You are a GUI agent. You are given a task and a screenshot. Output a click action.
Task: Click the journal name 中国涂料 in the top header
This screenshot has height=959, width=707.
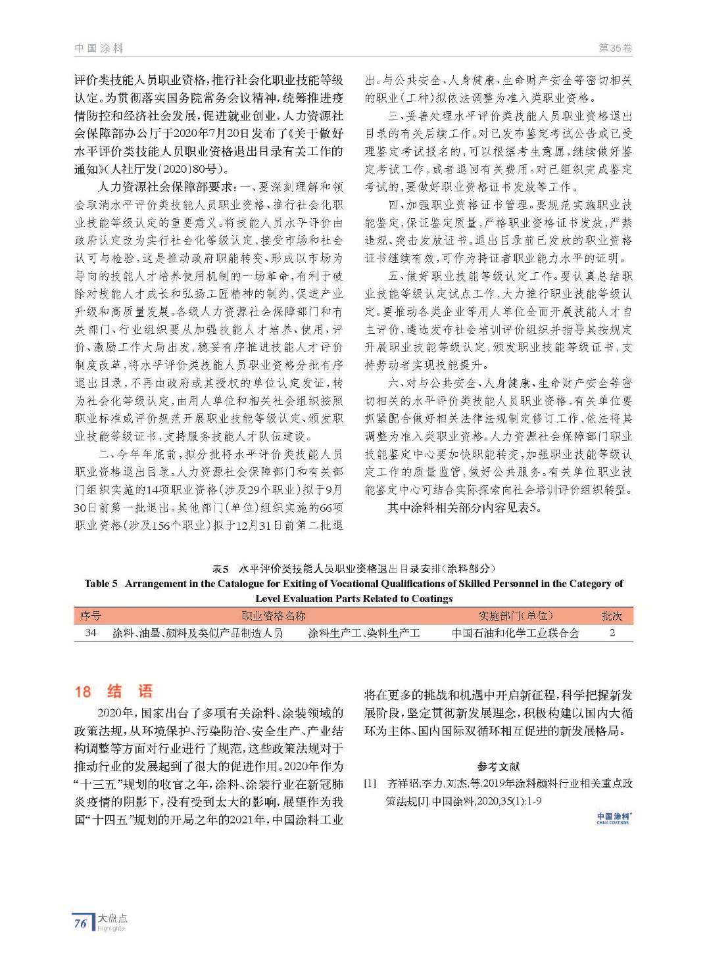point(99,48)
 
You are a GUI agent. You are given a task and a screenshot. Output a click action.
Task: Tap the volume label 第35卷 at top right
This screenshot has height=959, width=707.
point(615,48)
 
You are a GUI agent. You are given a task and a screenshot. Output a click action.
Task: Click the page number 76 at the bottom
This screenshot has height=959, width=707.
point(80,923)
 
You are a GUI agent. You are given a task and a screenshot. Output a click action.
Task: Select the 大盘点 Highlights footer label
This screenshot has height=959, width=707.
point(112,922)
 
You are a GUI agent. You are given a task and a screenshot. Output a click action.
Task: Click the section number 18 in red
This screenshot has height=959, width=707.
point(83,691)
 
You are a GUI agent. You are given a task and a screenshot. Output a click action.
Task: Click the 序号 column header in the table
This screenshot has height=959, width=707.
point(91,616)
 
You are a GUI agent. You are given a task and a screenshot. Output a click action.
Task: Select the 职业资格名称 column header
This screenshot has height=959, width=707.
point(274,616)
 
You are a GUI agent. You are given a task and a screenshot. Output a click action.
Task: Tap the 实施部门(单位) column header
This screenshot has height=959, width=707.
point(516,616)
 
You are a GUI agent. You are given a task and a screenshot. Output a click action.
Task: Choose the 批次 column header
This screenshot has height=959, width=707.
point(612,616)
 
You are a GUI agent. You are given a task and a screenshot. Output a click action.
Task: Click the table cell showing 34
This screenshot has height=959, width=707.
point(91,633)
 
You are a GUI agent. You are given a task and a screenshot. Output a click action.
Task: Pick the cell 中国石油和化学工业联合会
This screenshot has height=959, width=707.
point(516,633)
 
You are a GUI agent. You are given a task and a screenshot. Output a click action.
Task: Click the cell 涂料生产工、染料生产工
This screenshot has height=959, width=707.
point(364,633)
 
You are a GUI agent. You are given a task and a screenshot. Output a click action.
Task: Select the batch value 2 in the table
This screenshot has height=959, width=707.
point(612,633)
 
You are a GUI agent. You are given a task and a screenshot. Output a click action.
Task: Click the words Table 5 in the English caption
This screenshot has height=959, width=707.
point(101,583)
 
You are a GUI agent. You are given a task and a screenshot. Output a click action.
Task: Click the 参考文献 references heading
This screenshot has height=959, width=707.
point(498,766)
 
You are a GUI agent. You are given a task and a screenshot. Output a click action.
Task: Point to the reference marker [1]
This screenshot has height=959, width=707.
point(371,784)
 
